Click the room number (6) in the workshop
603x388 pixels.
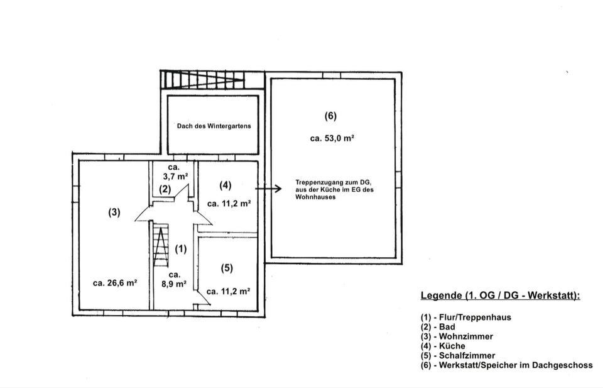[330, 116]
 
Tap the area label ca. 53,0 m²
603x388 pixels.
[332, 138]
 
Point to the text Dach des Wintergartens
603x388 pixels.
[214, 126]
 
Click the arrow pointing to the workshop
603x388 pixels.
[268, 187]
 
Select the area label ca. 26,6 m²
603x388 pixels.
[115, 283]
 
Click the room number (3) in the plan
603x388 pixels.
[114, 212]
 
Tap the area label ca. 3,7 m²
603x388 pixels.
[174, 172]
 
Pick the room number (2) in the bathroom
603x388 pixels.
[165, 189]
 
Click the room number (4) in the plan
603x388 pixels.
[225, 185]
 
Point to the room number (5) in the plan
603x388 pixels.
[227, 268]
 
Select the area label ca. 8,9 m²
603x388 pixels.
[175, 279]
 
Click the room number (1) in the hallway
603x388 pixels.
[181, 249]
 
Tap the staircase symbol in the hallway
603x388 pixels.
[161, 246]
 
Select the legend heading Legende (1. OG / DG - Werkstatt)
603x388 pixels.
[500, 296]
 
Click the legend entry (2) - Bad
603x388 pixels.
[438, 327]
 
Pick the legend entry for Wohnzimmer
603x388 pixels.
[457, 336]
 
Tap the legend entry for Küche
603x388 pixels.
[443, 346]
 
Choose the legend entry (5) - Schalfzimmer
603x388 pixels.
[458, 355]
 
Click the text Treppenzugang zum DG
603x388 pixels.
[332, 182]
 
